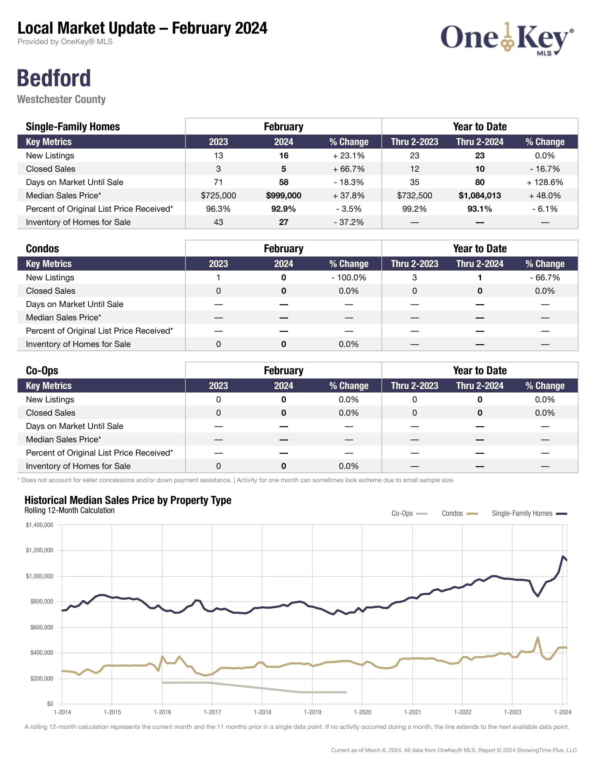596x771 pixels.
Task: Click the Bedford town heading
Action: pos(54,78)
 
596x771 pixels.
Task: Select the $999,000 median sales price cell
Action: pos(283,196)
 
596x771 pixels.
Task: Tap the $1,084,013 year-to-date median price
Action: pos(480,196)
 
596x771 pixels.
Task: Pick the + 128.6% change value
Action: pos(544,182)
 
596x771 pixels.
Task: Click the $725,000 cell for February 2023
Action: pos(218,196)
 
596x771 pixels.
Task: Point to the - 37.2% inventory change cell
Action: pos(348,222)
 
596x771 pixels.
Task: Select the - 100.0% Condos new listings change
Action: pos(348,278)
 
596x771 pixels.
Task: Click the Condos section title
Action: pos(42,248)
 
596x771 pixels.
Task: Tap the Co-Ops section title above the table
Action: pos(42,370)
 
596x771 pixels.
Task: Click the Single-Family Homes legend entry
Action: pos(529,513)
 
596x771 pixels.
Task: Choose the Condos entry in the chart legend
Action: pos(459,513)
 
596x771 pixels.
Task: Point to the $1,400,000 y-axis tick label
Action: pos(40,525)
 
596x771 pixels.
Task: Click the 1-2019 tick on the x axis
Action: pos(312,712)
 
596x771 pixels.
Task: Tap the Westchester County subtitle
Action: pos(61,99)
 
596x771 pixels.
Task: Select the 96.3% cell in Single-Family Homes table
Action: pos(218,209)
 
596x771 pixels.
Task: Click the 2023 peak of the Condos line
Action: pos(537,637)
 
